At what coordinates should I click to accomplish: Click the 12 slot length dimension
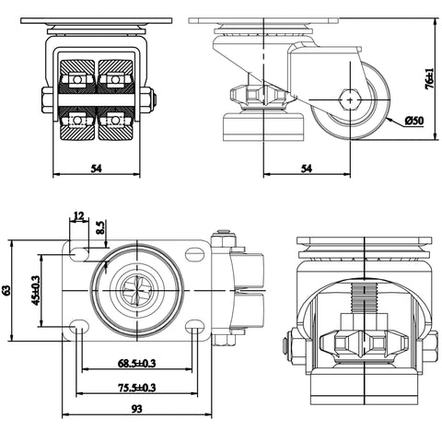click(78, 216)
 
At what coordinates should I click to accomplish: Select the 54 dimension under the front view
click(98, 169)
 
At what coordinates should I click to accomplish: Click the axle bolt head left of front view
click(44, 99)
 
